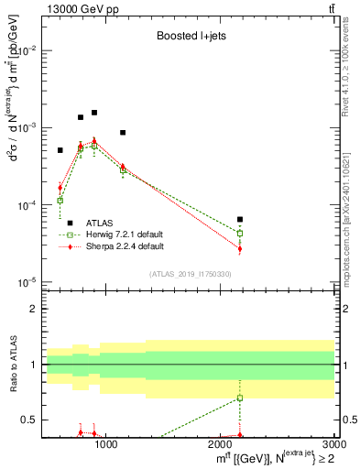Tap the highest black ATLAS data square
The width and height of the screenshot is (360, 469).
point(94,113)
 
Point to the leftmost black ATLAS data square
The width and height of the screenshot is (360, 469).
point(60,150)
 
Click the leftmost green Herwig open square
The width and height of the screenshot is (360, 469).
point(60,201)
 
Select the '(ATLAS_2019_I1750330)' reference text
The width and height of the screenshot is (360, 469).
point(190,274)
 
